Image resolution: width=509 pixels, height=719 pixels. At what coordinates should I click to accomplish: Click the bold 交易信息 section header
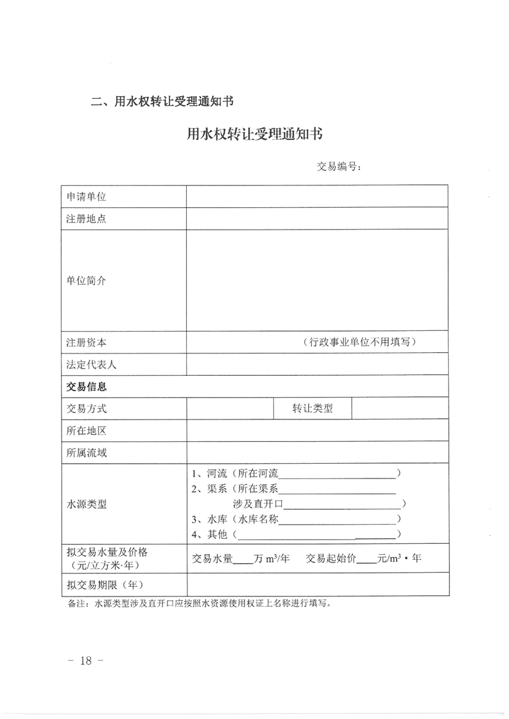point(87,387)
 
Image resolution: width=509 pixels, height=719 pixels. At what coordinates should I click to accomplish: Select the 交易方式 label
point(87,409)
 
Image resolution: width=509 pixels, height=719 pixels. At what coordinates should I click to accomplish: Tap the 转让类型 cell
point(313,409)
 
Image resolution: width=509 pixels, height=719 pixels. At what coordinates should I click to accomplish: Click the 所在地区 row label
point(87,430)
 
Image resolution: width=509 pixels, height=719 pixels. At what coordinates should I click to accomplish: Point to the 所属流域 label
point(87,453)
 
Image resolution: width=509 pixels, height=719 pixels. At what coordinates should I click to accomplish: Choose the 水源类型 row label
point(87,504)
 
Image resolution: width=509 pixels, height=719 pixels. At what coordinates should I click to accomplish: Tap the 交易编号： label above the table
point(340,167)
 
